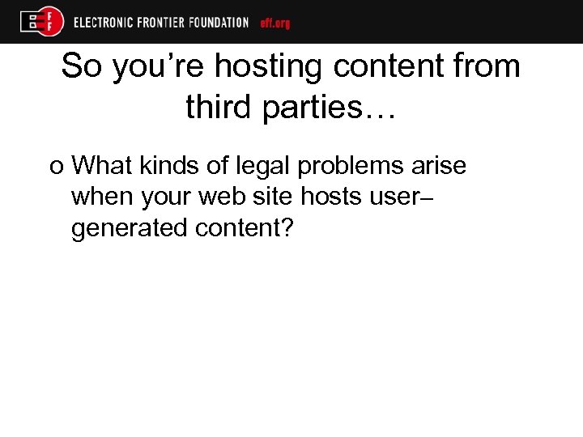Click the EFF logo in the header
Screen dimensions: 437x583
click(x=42, y=21)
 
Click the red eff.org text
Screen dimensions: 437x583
click(x=275, y=23)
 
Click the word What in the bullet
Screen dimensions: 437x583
click(x=100, y=166)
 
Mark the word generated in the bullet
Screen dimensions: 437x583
click(x=129, y=229)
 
